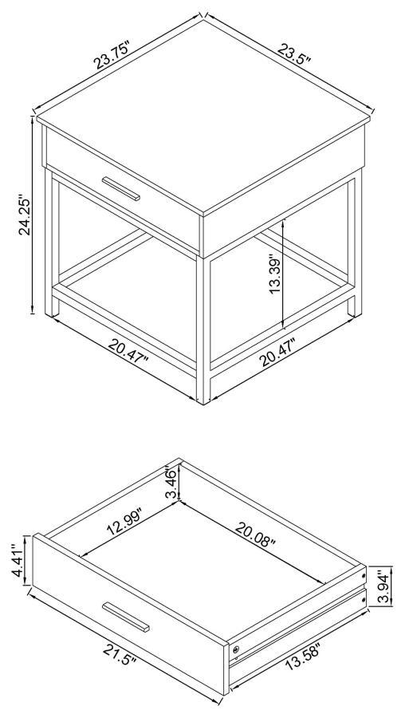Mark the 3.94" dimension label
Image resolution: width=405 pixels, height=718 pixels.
[383, 589]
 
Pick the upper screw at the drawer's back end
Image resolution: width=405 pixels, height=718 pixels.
[364, 572]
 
